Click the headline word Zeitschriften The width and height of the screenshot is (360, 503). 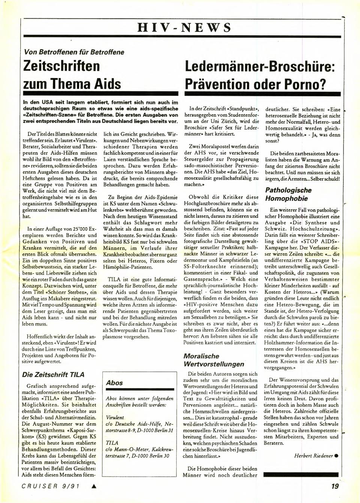pos(62,66)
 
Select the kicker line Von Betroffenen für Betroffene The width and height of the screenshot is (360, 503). pos(74,52)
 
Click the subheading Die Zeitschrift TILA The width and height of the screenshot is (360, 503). pos(53,374)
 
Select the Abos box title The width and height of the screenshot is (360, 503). pos(114,383)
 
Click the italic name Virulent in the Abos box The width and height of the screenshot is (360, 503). pos(115,416)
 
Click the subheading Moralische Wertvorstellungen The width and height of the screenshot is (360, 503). pos(214,360)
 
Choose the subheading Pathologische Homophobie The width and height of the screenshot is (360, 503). pos(288,194)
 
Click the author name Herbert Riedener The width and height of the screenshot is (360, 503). pos(313,456)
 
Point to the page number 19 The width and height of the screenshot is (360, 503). pos(335,487)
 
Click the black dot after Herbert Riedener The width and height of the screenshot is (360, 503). pos(336,456)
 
